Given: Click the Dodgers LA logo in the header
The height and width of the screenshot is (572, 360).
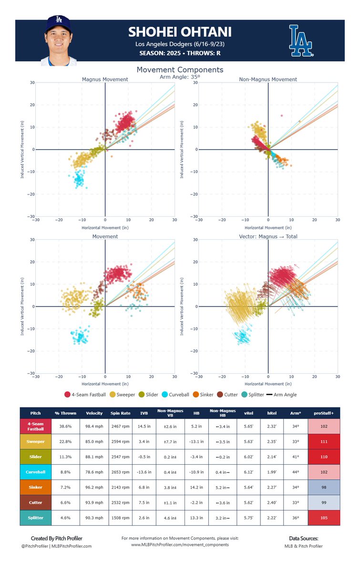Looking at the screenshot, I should [x=301, y=41].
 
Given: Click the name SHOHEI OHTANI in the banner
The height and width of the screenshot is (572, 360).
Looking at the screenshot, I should [x=180, y=32].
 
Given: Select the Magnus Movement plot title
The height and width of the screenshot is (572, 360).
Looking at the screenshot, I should [x=104, y=79].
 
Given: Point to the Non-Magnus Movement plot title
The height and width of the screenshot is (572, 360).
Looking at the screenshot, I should [x=267, y=79].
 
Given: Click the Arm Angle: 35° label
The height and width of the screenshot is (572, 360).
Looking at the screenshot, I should [x=180, y=76].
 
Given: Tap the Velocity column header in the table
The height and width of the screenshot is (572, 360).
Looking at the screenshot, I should [x=94, y=413].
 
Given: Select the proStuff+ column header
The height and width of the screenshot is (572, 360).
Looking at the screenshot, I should [x=324, y=413].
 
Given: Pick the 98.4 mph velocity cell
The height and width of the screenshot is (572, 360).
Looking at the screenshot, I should [x=94, y=426].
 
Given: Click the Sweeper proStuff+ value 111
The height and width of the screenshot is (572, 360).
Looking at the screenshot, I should [x=324, y=441].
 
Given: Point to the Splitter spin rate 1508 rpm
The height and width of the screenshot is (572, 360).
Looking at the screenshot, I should [x=122, y=518].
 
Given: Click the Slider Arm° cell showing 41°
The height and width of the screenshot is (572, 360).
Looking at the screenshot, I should [x=295, y=457].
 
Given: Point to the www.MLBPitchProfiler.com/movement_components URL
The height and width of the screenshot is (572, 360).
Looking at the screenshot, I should [x=180, y=544].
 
